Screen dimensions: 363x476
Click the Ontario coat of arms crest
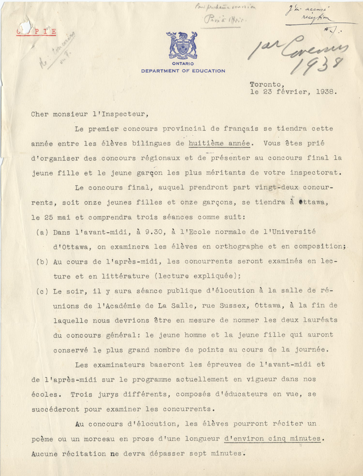[x=182, y=47]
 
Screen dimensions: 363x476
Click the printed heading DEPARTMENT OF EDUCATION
[x=183, y=71]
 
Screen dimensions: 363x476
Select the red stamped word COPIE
[x=36, y=32]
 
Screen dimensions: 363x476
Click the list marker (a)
[x=42, y=232]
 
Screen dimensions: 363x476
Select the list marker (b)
[x=42, y=262]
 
